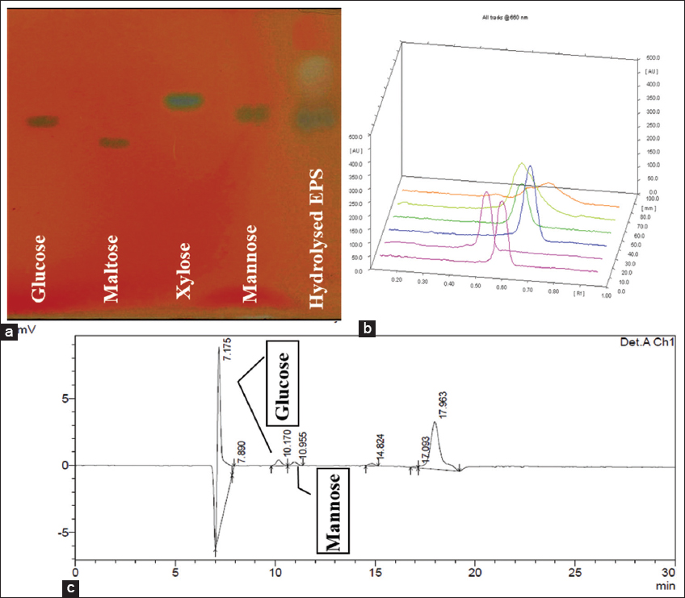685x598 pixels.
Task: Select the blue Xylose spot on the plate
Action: coord(185,101)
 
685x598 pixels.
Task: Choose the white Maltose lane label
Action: coord(113,269)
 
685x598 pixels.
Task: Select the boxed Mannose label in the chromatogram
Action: coord(334,512)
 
